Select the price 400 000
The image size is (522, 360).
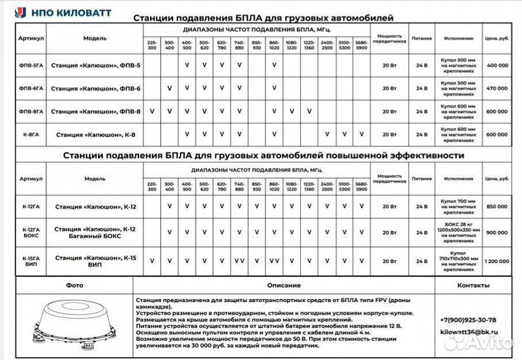pos(497,65)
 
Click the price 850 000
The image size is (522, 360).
pos(497,206)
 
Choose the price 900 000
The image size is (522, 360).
pos(497,233)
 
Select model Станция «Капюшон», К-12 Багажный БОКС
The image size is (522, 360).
pos(95,233)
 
